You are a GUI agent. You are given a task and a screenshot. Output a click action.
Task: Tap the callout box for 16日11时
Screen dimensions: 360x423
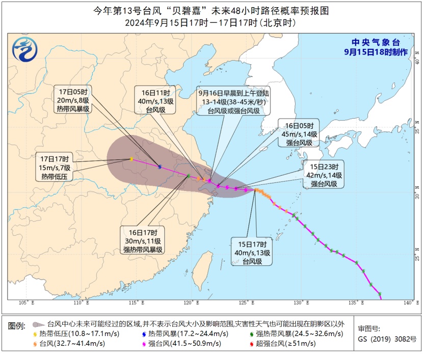coord(155,100)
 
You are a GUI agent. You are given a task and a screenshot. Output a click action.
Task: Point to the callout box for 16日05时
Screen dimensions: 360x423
coord(299,134)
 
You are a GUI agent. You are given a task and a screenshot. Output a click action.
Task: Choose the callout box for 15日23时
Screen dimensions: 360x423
coord(324,175)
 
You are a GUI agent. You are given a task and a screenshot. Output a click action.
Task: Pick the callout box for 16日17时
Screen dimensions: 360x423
coord(142,240)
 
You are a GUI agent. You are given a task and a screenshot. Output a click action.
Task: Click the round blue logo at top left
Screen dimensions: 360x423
coord(25,49)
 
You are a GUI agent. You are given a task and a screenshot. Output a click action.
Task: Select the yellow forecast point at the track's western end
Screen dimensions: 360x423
coord(131,159)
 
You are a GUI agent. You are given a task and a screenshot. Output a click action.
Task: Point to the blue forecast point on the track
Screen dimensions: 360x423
coord(160,167)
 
